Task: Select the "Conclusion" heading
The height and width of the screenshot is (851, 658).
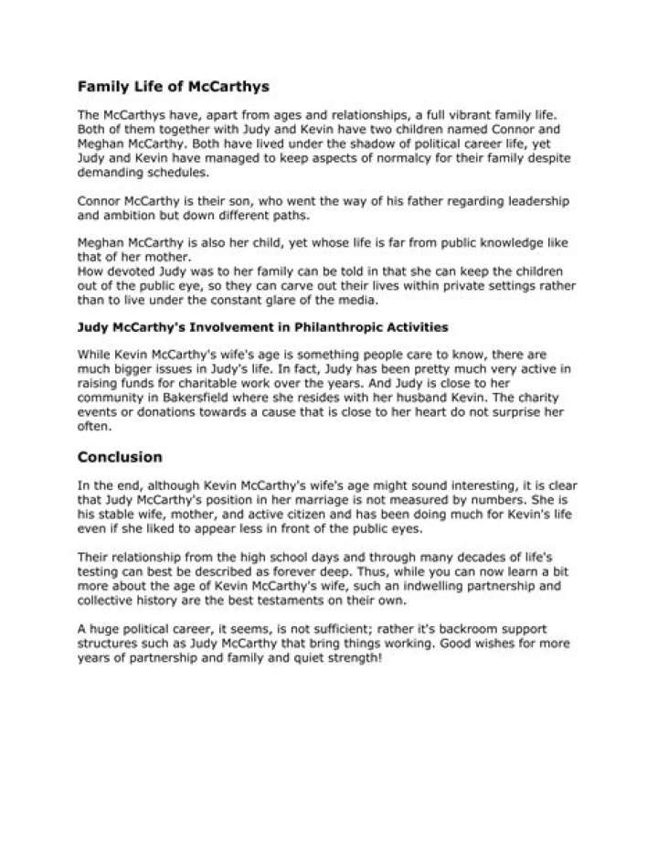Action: [120, 456]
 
